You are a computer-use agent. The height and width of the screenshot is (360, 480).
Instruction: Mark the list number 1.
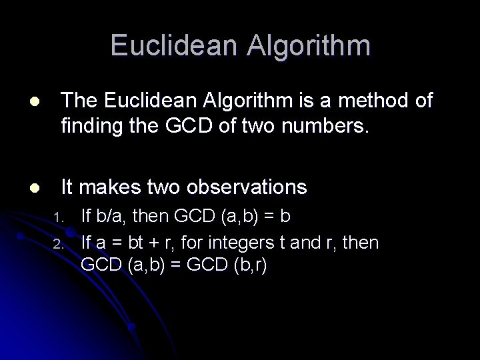(x=58, y=218)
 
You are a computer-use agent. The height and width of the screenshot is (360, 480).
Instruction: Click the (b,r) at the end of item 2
(x=250, y=265)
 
